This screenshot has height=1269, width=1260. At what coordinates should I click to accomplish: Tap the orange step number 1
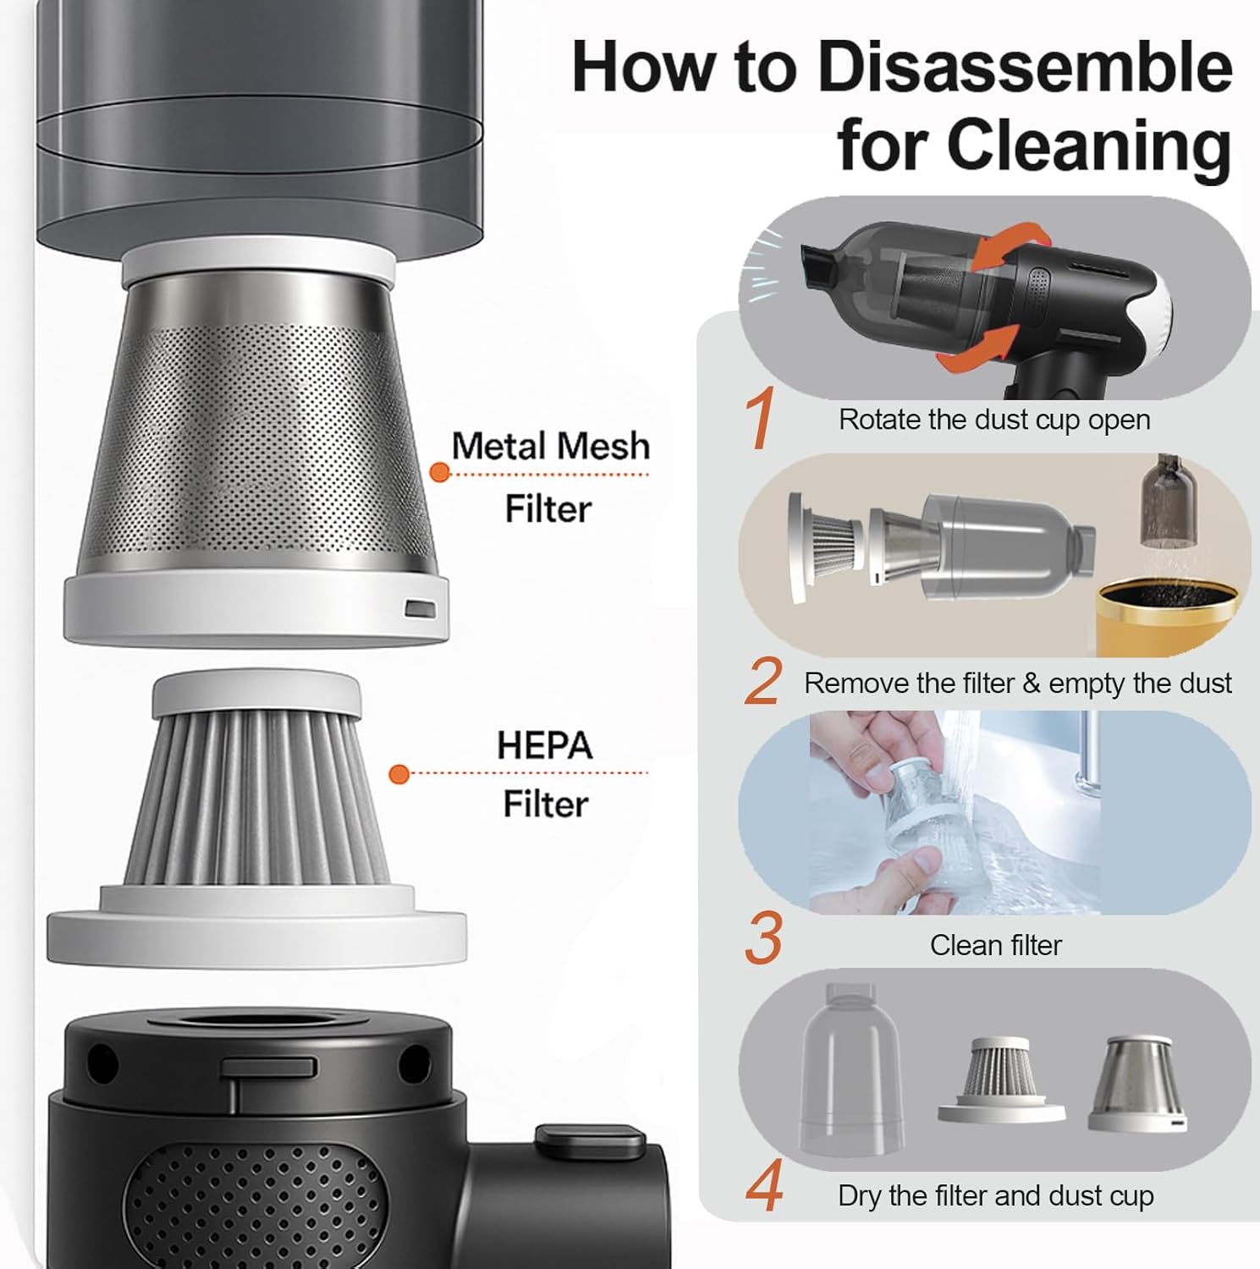[x=760, y=418]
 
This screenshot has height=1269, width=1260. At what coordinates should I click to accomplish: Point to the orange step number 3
[x=763, y=938]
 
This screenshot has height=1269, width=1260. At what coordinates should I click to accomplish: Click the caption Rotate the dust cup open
[x=994, y=420]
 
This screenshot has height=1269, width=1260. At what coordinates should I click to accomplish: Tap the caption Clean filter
[x=996, y=945]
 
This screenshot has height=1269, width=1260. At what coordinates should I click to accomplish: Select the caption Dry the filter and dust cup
[x=996, y=1195]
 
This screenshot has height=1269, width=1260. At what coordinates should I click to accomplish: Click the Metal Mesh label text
[x=550, y=446]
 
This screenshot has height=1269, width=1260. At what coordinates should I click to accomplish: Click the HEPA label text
[x=545, y=745]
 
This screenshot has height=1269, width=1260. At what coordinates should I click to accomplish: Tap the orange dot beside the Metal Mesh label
[x=439, y=472]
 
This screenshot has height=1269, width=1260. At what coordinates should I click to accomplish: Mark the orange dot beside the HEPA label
[x=399, y=773]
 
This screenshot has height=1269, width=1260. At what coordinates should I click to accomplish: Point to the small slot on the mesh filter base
[x=420, y=608]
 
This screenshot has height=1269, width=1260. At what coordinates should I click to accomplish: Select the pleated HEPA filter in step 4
[x=1001, y=1080]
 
